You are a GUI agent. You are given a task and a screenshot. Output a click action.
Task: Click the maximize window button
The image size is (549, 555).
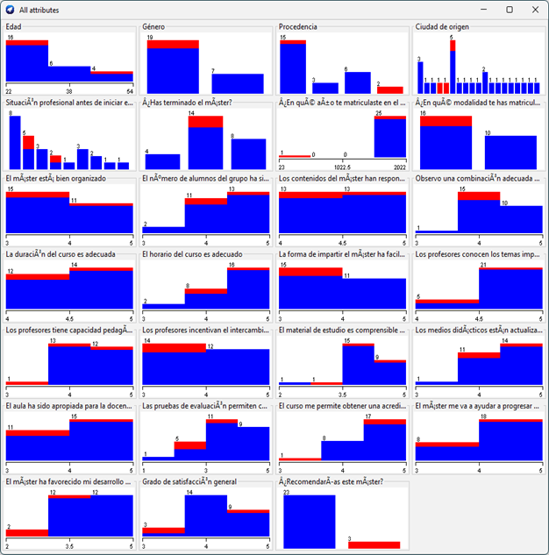point(509,9)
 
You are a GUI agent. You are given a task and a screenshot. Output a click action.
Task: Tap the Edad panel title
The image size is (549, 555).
point(14,27)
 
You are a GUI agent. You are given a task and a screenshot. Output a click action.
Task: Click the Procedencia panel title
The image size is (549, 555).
point(298,27)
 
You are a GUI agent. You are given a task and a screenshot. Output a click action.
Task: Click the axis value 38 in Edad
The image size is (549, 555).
point(70,91)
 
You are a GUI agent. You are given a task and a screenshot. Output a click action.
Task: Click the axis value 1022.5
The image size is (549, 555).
point(342,166)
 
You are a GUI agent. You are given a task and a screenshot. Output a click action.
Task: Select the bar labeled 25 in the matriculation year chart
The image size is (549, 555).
point(389,136)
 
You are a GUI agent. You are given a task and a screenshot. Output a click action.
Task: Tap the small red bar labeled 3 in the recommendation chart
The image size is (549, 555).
point(374,544)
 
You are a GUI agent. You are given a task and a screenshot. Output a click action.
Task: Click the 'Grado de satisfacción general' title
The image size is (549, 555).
point(189,482)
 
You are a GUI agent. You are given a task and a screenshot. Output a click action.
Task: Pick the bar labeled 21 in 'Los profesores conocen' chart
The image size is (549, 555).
point(510,287)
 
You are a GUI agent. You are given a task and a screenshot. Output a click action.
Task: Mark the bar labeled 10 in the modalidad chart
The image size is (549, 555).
point(510,147)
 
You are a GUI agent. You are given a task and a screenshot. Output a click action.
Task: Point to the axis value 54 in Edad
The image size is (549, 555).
point(130,91)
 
